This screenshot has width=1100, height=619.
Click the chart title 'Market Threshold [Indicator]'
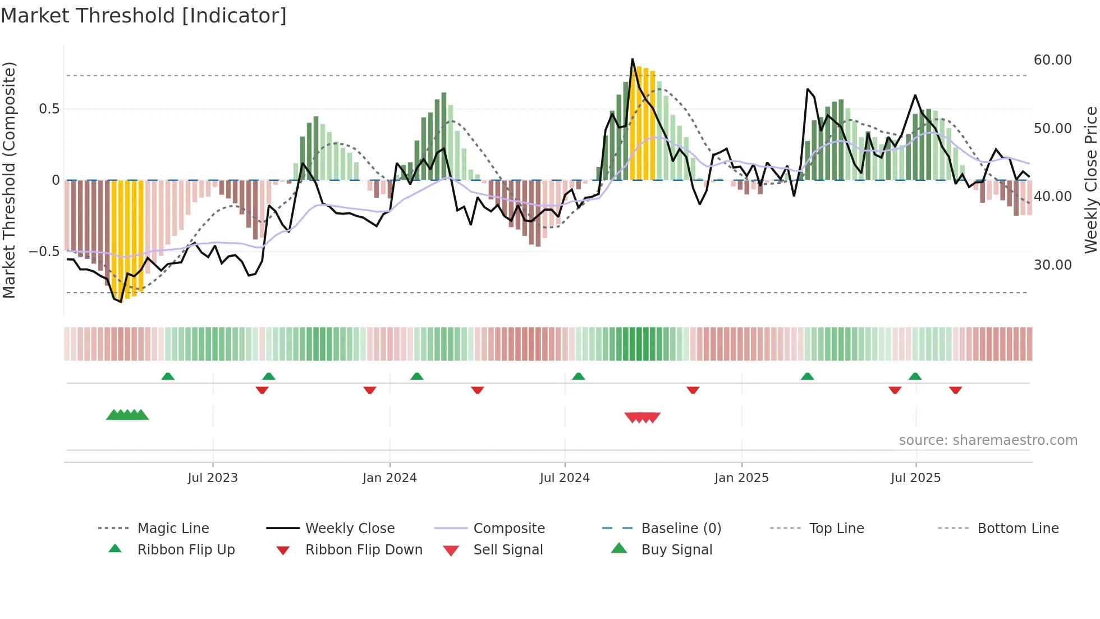(x=144, y=16)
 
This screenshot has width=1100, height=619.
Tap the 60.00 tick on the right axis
(x=1052, y=60)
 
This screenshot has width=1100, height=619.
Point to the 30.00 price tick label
(x=1052, y=265)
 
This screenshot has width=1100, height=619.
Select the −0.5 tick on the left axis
(x=44, y=252)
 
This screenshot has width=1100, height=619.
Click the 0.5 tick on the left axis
(x=49, y=109)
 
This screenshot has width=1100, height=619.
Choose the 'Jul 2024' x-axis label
(x=565, y=478)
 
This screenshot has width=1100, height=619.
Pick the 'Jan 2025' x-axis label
(x=741, y=478)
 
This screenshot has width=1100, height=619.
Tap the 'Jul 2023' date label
(x=213, y=478)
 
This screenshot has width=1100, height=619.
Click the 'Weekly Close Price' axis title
(x=1090, y=180)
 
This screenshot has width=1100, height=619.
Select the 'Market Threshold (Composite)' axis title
(x=9, y=180)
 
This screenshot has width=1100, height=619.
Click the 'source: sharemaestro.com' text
(x=988, y=440)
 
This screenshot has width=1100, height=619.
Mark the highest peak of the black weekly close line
(x=632, y=59)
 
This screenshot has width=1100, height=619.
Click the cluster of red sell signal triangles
(x=643, y=417)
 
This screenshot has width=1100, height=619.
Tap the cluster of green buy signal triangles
(x=127, y=415)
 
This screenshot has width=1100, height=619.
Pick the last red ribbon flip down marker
(x=956, y=390)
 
